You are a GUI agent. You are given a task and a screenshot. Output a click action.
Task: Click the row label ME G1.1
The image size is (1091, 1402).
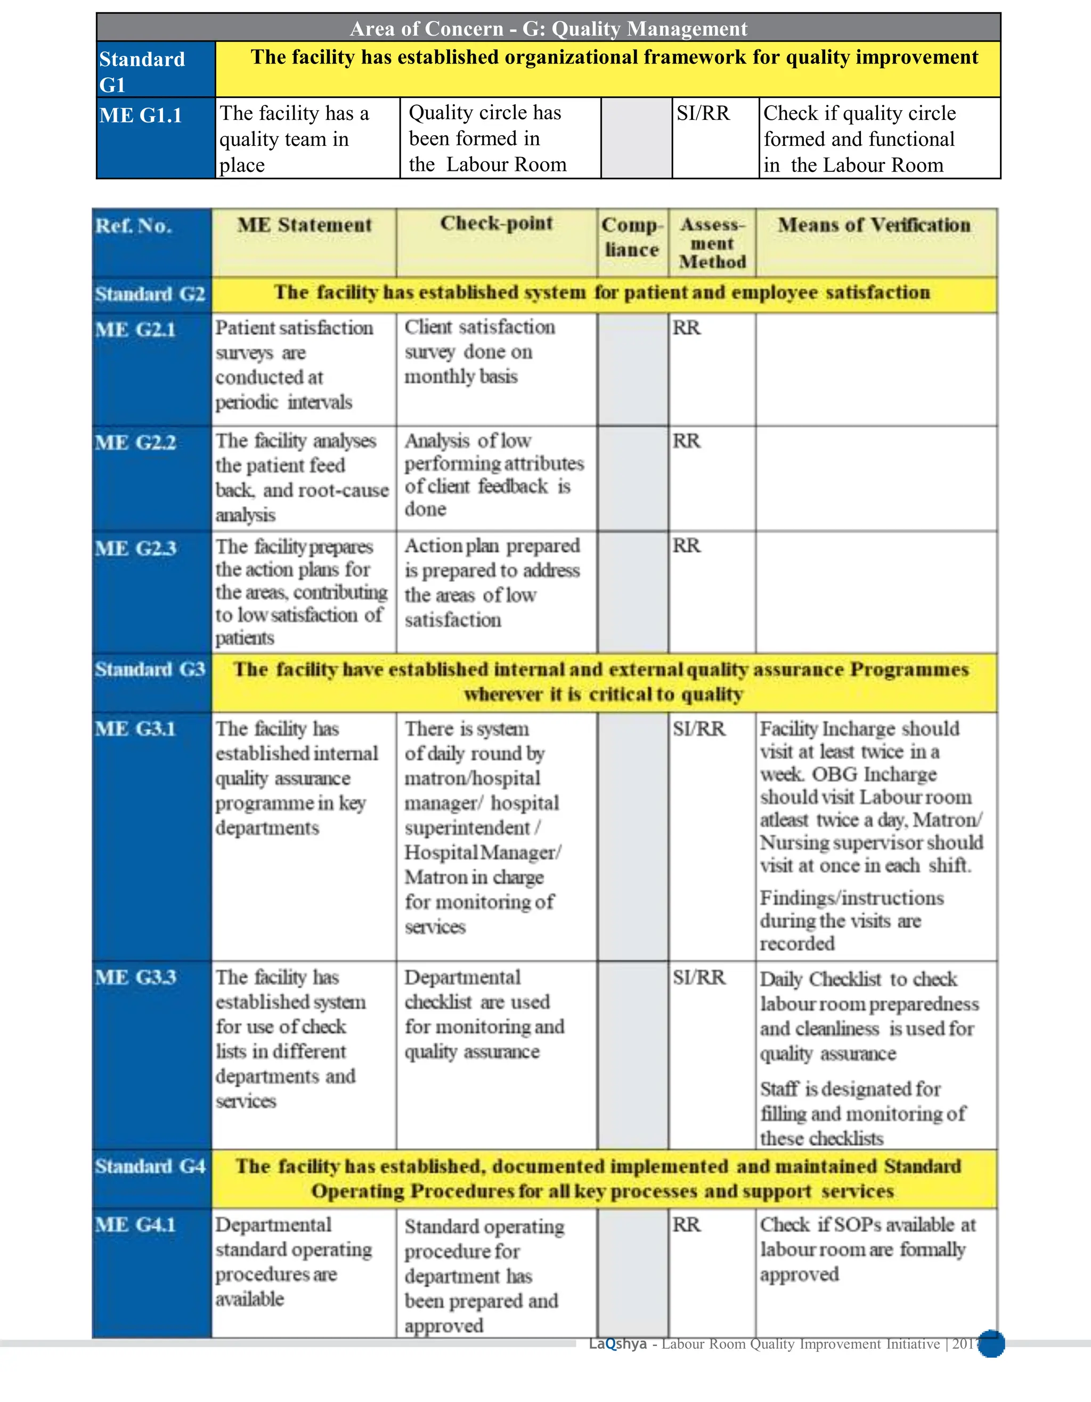coord(141,116)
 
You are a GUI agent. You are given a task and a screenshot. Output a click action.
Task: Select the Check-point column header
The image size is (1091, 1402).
coord(496,224)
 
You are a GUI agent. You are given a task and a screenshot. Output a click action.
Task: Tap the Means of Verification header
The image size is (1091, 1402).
coord(875,225)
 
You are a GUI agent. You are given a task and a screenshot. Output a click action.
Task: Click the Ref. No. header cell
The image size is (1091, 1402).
coord(134,226)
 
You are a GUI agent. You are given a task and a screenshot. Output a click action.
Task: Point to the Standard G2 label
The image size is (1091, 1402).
coord(150,294)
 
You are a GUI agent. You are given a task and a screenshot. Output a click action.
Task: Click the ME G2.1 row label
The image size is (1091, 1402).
coord(135,330)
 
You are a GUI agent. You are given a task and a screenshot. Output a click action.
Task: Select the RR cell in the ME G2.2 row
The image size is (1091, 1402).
coord(687,441)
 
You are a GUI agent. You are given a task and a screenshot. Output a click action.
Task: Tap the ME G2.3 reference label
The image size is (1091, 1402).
coord(135,548)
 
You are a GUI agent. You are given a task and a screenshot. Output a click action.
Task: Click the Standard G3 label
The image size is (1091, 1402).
coord(150,669)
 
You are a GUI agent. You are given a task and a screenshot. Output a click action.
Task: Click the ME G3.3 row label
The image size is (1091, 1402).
coord(135,977)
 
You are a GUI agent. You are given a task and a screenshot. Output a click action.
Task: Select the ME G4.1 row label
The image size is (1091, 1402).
coord(135,1224)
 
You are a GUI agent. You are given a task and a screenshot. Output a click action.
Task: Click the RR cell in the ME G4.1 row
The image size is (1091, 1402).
coord(687,1224)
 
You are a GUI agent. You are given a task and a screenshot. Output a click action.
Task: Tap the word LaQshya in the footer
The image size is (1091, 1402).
coord(617,1343)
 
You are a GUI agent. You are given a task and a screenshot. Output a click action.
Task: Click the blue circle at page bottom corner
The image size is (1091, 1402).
coord(991,1344)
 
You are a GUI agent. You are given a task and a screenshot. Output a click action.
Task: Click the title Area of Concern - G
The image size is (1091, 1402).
coord(548,28)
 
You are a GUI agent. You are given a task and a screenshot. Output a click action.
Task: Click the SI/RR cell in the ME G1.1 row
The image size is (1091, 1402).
coord(703,113)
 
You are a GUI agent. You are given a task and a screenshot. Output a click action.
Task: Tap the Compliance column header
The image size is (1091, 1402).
coord(632,237)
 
